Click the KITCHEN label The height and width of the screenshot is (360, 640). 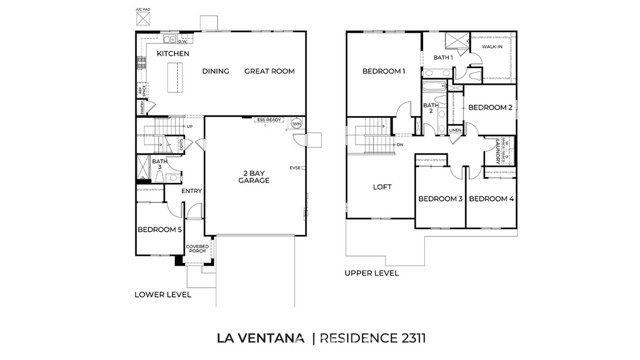pos(173,53)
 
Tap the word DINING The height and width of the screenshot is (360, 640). pos(216,71)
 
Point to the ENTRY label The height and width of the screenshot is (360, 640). pos(192,191)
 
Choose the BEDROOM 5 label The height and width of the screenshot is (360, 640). pos(159,230)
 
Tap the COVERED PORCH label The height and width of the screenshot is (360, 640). pos(196,248)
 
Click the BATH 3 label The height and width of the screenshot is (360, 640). pos(159,163)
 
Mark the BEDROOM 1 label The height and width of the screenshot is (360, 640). pos(383,71)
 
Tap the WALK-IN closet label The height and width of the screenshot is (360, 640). pos(492,47)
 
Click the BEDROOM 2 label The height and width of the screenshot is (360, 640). pos(490,107)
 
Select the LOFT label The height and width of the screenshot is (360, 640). pos(382,187)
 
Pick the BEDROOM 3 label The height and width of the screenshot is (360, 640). pos(439,199)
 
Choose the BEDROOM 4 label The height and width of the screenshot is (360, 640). pos(490,199)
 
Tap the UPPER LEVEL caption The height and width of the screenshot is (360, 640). pos(371,272)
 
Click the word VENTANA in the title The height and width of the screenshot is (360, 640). pos(269,338)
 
